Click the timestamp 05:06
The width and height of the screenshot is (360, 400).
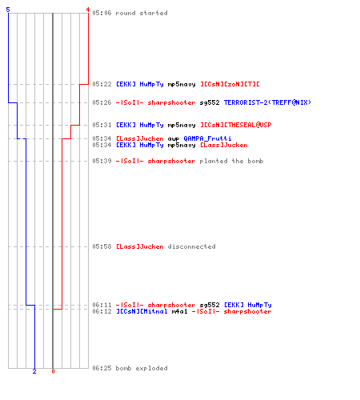click(102, 13)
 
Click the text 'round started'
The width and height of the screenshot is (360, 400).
click(142, 13)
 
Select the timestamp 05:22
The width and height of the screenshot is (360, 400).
click(102, 84)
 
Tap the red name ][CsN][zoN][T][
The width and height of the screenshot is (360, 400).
click(230, 84)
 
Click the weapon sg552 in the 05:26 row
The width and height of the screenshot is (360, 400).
click(210, 102)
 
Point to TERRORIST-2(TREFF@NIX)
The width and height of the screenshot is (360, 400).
click(267, 102)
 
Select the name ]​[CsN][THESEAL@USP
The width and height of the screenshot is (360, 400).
click(236, 125)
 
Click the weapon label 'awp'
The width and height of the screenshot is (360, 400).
click(174, 139)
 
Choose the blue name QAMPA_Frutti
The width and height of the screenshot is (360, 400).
click(207, 138)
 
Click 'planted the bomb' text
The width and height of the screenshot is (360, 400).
click(231, 161)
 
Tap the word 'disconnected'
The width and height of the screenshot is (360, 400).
click(191, 246)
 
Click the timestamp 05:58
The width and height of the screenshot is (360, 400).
click(102, 246)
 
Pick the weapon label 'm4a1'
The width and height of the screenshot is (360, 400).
click(179, 311)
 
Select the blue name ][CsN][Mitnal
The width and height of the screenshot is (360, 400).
click(142, 311)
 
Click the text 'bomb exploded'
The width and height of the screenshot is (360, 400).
click(142, 368)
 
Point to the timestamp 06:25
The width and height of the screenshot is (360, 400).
click(102, 368)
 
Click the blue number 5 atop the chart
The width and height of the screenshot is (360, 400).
click(8, 10)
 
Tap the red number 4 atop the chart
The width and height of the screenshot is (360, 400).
click(87, 10)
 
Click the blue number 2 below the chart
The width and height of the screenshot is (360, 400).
click(34, 371)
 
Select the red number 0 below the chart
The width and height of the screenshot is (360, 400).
click(53, 371)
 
